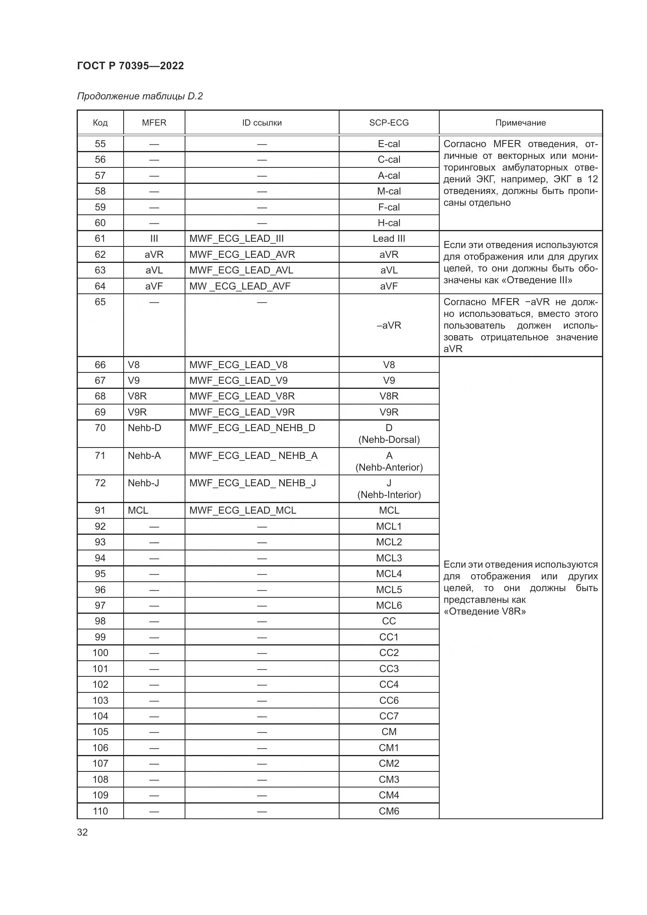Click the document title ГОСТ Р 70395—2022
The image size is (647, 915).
pyautogui.click(x=130, y=66)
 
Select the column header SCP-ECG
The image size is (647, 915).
pyautogui.click(x=388, y=123)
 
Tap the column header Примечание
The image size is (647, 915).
pyautogui.click(x=520, y=123)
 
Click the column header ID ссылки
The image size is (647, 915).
pyautogui.click(x=262, y=123)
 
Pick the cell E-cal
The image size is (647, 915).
pyautogui.click(x=388, y=144)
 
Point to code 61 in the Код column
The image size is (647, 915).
pyautogui.click(x=100, y=239)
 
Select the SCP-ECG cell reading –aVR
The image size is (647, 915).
pyautogui.click(x=388, y=325)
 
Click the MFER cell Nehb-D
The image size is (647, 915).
pyautogui.click(x=144, y=428)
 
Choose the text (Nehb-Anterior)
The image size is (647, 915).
pyautogui.click(x=389, y=467)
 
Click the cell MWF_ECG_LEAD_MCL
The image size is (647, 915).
pyautogui.click(x=243, y=511)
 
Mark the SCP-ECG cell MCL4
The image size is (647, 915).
pyautogui.click(x=388, y=574)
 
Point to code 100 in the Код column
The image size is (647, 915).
pyautogui.click(x=100, y=653)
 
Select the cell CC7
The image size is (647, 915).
pyautogui.click(x=388, y=716)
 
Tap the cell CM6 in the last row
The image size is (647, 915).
pyautogui.click(x=388, y=811)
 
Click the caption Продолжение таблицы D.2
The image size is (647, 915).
pyautogui.click(x=140, y=96)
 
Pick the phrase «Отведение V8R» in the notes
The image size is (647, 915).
pyautogui.click(x=484, y=611)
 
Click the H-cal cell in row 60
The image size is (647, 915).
pyautogui.click(x=388, y=223)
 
